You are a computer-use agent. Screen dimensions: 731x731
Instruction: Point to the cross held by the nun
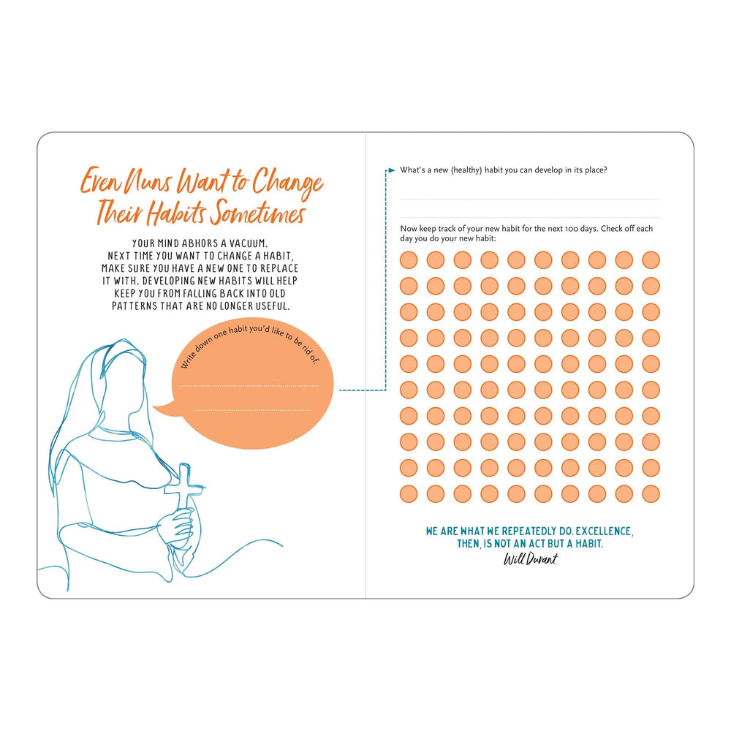pyautogui.click(x=183, y=488)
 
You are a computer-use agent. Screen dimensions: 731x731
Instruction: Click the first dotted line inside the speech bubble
pyautogui.click(x=249, y=386)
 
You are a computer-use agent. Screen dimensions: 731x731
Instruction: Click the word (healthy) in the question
pyautogui.click(x=466, y=170)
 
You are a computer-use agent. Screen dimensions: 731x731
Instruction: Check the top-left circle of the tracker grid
pyautogui.click(x=409, y=260)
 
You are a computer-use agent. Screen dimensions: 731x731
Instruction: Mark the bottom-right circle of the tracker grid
pyautogui.click(x=651, y=493)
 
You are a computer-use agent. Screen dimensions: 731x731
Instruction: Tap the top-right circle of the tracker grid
pyautogui.click(x=651, y=260)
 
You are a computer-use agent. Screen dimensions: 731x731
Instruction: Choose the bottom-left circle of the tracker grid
pyautogui.click(x=409, y=493)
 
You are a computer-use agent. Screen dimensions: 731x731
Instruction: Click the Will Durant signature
pyautogui.click(x=530, y=558)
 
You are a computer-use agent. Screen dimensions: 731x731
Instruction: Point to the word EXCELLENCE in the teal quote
pyautogui.click(x=604, y=531)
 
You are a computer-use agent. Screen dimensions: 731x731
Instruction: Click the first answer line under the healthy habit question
pyautogui.click(x=529, y=200)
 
